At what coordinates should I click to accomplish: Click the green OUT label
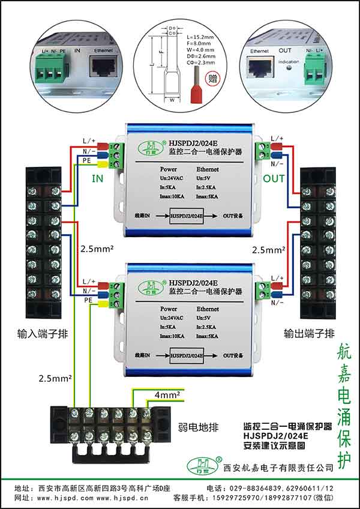pos(274,178)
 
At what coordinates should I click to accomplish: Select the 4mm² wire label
pos(166,396)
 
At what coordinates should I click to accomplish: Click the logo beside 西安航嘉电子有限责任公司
pos(200,465)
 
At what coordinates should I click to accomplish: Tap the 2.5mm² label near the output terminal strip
pos(269,249)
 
